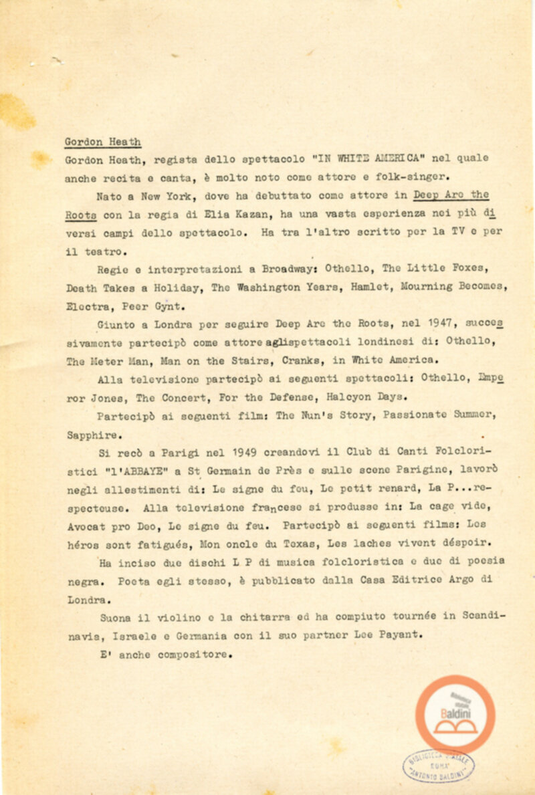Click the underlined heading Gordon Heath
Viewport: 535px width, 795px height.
[103, 142]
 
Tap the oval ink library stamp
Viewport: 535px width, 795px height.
[439, 764]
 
